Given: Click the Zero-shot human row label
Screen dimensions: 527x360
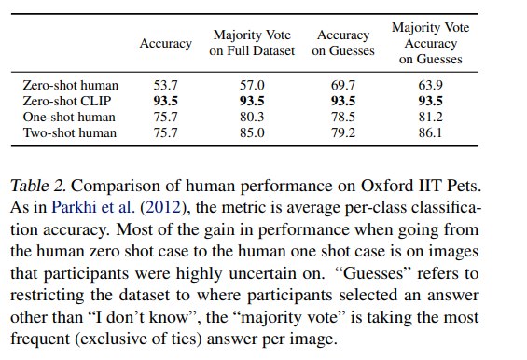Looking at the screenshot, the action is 71,85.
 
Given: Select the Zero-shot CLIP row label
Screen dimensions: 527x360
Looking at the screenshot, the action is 67,101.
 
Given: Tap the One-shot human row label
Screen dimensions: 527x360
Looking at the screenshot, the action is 69,117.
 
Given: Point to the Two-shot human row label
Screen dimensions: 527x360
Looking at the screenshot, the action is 70,132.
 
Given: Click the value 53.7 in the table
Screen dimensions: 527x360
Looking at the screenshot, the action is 165,85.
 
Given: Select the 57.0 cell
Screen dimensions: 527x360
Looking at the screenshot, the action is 252,85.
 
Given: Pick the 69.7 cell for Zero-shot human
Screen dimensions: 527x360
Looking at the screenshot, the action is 343,85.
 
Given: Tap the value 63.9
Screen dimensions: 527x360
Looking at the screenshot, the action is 430,85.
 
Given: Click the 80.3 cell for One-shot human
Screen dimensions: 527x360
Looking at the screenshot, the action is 252,117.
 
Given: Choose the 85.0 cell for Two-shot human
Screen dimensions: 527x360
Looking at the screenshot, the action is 252,132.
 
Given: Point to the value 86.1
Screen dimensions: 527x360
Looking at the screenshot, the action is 430,132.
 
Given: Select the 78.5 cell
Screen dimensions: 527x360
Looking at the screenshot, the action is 343,117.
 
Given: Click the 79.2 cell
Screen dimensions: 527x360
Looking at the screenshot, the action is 343,132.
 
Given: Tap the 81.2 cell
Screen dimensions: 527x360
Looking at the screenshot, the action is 430,117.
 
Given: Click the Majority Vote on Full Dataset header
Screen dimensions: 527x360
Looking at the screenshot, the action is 252,43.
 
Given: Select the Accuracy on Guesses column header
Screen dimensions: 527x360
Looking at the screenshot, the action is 343,43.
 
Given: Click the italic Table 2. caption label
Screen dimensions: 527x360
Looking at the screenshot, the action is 37,186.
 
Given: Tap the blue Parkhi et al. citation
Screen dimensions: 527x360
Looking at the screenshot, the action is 93,207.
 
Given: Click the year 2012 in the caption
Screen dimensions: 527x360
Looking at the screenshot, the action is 162,207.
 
